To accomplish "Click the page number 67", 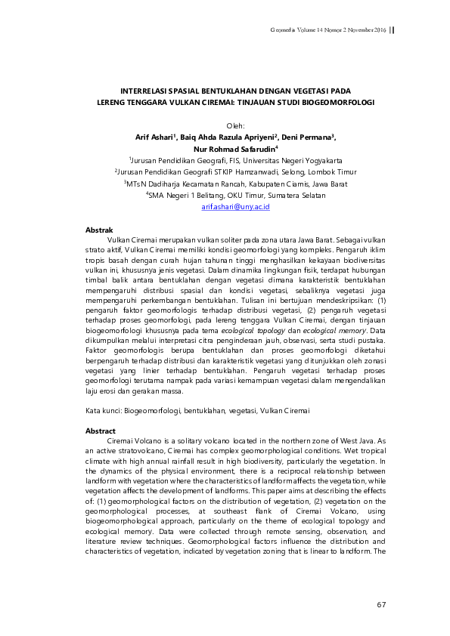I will click(x=381, y=605).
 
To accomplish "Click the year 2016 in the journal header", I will click(x=379, y=29).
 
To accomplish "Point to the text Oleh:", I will click(x=236, y=125).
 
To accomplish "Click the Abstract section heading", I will click(x=101, y=430).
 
